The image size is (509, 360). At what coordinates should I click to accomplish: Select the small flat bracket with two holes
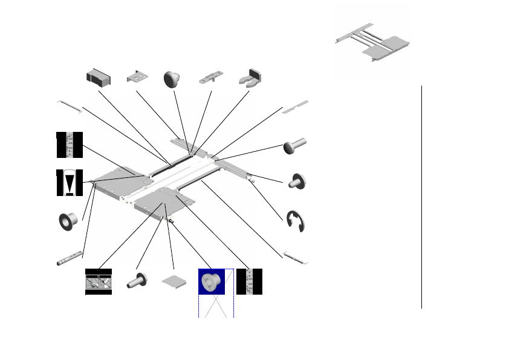(138, 77)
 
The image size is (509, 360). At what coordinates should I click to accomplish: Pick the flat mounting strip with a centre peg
(211, 79)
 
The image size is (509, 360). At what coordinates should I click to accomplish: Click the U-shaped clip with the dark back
(248, 77)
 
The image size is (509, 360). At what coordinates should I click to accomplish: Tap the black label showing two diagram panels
(99, 282)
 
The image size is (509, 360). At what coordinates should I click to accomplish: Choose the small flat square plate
(174, 282)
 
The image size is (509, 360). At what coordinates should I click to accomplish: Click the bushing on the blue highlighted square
(212, 282)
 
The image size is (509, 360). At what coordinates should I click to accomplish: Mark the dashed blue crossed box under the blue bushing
(216, 306)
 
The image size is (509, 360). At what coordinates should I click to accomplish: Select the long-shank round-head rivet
(295, 146)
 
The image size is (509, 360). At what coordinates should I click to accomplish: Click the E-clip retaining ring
(296, 221)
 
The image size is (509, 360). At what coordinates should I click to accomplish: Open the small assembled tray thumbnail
(372, 43)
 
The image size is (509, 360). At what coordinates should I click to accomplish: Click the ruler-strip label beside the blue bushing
(249, 281)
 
